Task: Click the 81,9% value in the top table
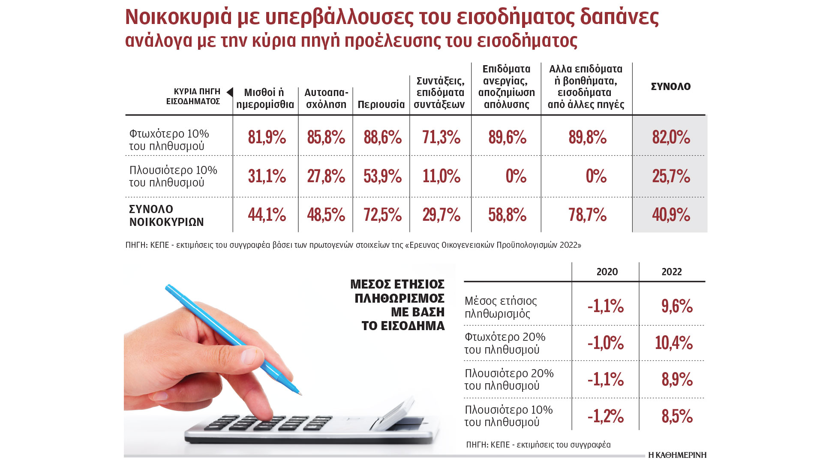click(267, 138)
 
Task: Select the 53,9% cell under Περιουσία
click(382, 176)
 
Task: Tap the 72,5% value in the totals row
click(382, 215)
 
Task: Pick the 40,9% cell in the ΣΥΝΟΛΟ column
click(671, 215)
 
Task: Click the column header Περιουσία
click(381, 105)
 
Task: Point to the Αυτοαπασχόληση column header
click(326, 99)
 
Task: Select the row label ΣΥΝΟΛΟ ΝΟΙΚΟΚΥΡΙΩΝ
click(166, 216)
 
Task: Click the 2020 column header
click(607, 272)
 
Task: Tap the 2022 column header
click(672, 272)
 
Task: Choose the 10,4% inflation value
click(673, 343)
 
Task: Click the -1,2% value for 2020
click(605, 416)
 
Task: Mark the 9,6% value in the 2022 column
click(677, 306)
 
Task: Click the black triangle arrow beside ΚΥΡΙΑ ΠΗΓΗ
click(230, 92)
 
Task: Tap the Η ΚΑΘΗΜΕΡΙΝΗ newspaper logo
click(677, 455)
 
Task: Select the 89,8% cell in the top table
click(587, 138)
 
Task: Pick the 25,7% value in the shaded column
click(671, 176)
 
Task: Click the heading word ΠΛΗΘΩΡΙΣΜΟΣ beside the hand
click(399, 298)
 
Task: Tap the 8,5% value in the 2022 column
click(677, 416)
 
